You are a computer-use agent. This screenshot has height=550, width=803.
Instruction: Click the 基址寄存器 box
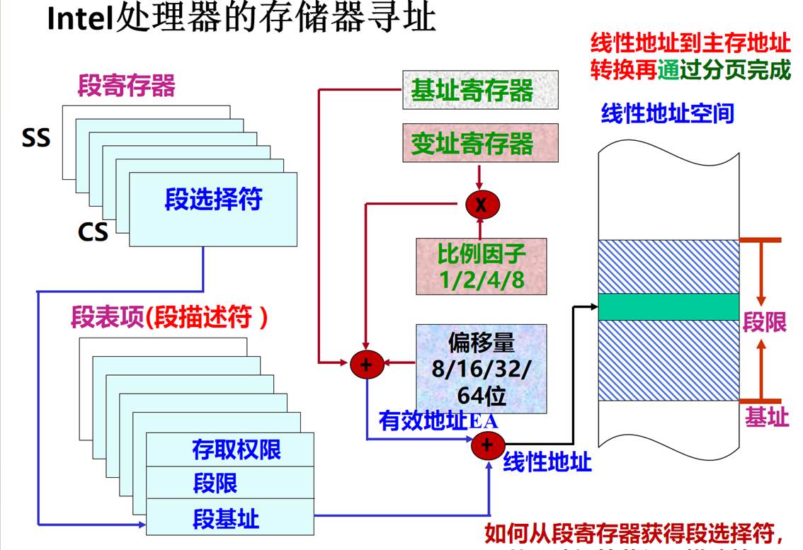[480, 90]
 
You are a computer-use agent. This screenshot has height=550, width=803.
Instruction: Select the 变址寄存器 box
[480, 144]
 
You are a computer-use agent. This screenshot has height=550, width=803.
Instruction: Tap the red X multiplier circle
[482, 205]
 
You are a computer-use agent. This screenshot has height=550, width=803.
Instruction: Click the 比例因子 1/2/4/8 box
[482, 266]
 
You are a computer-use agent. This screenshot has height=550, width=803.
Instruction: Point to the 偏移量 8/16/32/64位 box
[482, 369]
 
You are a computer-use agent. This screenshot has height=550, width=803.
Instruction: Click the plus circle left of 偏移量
[366, 365]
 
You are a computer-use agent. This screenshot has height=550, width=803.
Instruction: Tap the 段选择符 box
[213, 200]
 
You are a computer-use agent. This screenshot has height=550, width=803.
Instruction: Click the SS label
[36, 137]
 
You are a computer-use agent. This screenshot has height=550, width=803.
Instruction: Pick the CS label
[93, 231]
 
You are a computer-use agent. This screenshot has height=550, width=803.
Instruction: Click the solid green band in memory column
[668, 306]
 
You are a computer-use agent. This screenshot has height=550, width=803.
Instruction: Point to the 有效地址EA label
[438, 421]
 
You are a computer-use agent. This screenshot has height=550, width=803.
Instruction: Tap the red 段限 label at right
[764, 322]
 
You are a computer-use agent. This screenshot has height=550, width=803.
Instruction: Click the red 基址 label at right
[765, 417]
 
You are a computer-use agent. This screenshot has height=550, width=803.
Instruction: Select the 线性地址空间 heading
[666, 113]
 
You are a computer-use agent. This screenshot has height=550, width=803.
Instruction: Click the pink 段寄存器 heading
[126, 86]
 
